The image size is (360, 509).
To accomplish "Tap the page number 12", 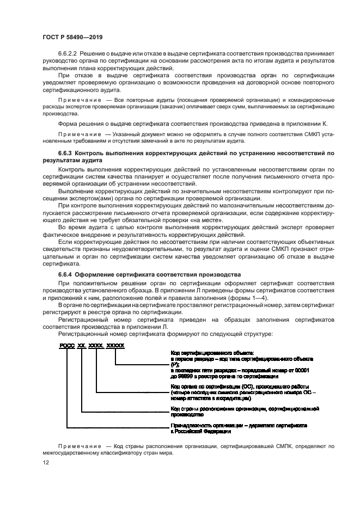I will click(46, 462).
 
